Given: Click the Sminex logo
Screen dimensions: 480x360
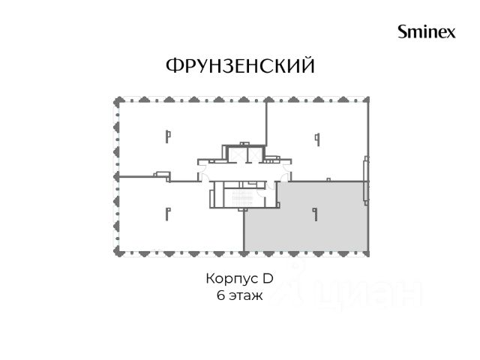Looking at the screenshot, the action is [427, 31].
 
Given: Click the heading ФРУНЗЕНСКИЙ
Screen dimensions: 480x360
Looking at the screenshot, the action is [240, 65].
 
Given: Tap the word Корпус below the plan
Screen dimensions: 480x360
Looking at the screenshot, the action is [229, 279].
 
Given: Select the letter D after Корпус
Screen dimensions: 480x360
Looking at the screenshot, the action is [268, 278].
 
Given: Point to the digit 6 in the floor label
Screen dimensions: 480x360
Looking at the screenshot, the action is [220, 295].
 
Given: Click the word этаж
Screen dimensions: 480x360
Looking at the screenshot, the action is [246, 296].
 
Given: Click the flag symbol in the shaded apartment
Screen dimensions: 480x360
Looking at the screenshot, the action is [315, 214].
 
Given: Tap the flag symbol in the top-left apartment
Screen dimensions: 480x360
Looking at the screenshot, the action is [168, 136].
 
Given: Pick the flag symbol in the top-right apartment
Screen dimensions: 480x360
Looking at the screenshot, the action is [318, 139].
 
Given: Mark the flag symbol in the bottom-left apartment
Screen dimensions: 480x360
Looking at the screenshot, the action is [168, 214].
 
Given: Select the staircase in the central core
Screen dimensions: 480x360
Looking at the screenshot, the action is [242, 198].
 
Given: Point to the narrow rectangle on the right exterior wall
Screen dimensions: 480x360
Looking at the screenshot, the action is [365, 181].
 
